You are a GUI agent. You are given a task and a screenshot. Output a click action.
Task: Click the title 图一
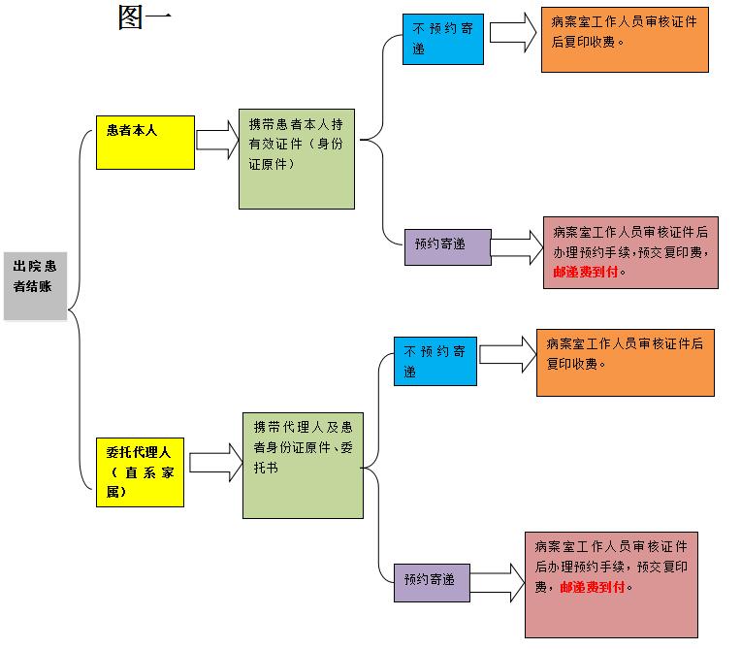pos(145,17)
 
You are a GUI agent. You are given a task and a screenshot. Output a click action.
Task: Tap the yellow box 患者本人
pos(145,143)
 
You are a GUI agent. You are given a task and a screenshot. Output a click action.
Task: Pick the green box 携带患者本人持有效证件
pos(297,158)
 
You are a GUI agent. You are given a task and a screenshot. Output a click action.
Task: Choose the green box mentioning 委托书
pos(303,465)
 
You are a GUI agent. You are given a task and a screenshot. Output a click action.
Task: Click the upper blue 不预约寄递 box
pos(442,40)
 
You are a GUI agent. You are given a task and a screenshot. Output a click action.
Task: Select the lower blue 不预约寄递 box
pos(435,360)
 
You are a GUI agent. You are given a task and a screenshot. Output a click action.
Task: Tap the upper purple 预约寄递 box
pos(447,246)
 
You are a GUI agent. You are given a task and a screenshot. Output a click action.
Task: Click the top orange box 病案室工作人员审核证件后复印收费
pos(624,38)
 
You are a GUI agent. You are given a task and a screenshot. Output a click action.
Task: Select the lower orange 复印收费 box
pos(625,361)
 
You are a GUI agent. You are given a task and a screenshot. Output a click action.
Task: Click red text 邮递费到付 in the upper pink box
pos(586,273)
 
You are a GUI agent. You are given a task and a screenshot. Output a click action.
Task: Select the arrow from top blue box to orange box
pos(513,32)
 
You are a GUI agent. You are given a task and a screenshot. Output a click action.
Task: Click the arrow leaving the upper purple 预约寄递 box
pos(518,248)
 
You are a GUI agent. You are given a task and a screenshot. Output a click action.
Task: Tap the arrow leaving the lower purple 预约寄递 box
pos(498,582)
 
